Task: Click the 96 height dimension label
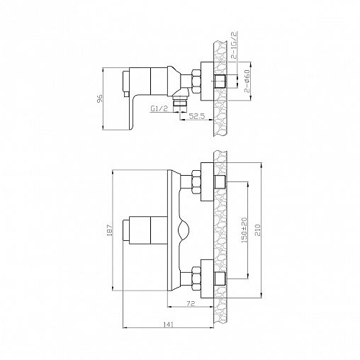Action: (x=100, y=99)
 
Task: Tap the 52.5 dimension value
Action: (x=196, y=116)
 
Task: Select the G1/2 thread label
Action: (x=159, y=108)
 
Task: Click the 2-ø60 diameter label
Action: (x=247, y=81)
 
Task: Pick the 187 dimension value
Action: (x=110, y=230)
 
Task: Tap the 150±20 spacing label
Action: (x=244, y=230)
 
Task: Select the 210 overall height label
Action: (x=257, y=230)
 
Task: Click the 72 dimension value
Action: (x=191, y=303)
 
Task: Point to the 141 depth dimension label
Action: (x=169, y=325)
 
